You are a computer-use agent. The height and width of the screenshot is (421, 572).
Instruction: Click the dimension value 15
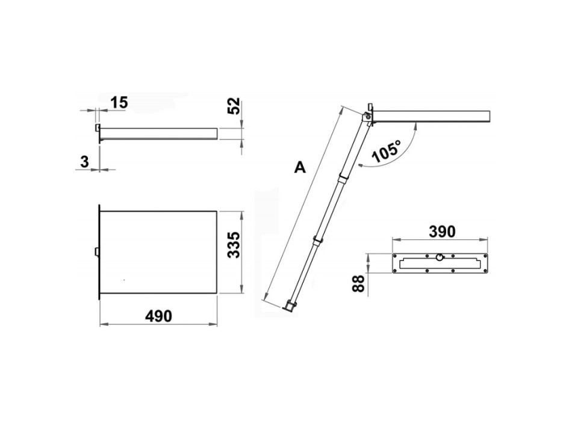click(119, 103)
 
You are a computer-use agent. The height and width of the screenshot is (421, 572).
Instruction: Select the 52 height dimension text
click(235, 106)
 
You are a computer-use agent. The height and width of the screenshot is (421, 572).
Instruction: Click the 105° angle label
click(387, 152)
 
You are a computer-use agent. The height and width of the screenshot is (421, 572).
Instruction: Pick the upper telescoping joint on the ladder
click(343, 177)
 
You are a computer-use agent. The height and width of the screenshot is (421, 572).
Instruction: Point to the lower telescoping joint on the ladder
click(315, 241)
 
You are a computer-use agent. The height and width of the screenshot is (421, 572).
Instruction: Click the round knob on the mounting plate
click(440, 257)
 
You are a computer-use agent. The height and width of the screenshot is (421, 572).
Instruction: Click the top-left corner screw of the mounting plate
click(395, 256)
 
